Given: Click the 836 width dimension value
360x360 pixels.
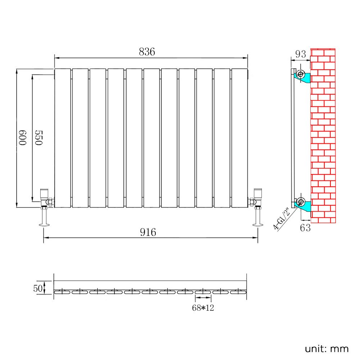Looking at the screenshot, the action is pos(147,52).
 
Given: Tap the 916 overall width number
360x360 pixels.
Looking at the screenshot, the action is pos(148,232).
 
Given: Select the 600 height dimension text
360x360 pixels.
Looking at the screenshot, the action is pos(23,138).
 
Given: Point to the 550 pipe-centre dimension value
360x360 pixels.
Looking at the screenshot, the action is pos(39,138).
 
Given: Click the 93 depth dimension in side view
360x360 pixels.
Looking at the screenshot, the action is pos(301,54).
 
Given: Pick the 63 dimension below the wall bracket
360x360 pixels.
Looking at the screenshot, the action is pos(305,228).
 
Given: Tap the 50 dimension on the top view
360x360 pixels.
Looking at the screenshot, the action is pos(38,288).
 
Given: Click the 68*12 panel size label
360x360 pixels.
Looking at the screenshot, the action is pos(203,308).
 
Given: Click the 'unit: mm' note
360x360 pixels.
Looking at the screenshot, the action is pos(327,349).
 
